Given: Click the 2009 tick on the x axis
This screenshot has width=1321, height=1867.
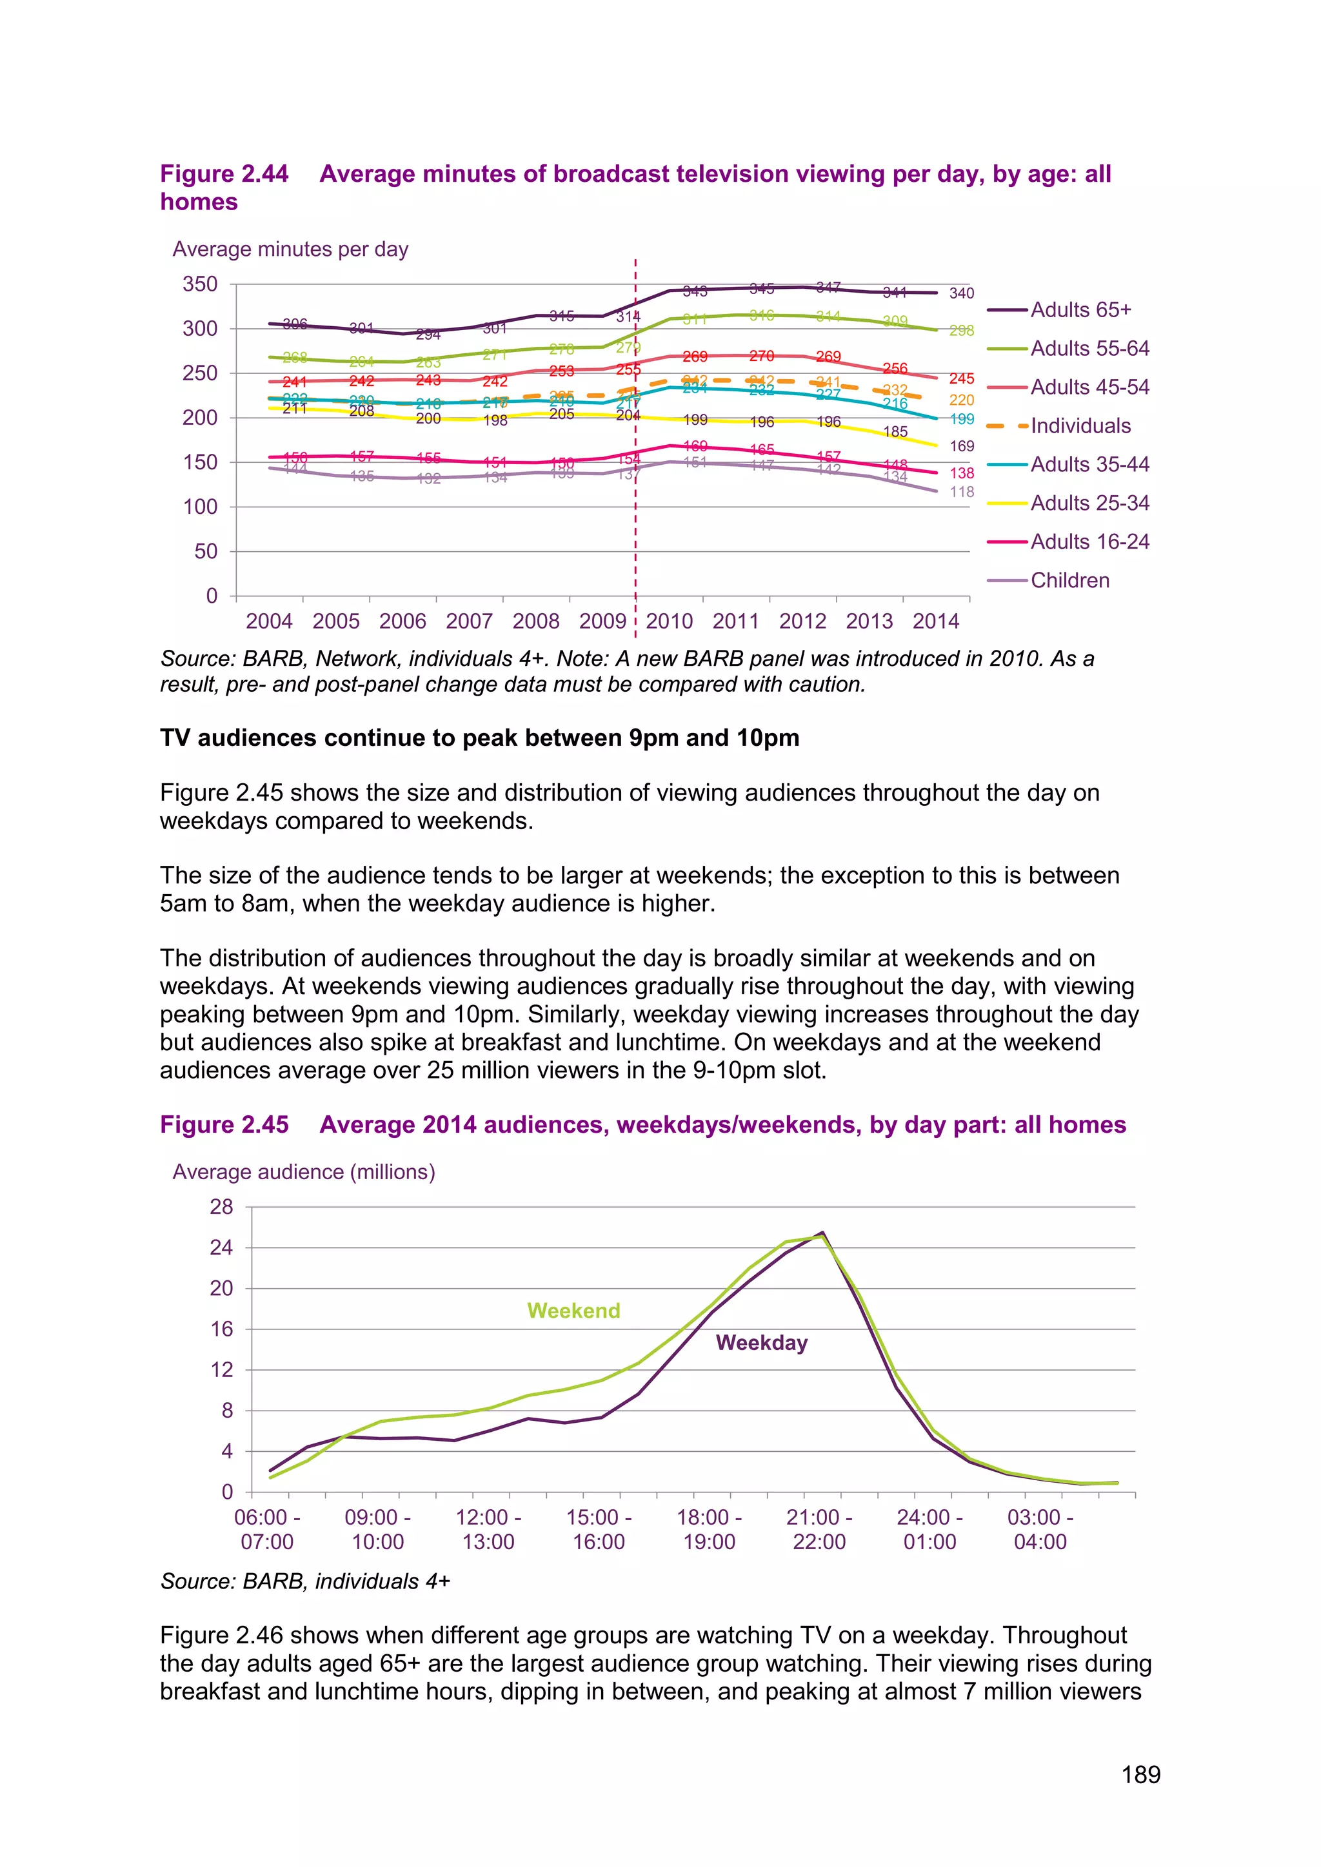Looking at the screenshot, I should point(602,621).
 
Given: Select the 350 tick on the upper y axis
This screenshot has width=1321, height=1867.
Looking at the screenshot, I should point(200,284).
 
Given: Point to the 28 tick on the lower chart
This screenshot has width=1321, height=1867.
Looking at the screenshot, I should point(221,1207).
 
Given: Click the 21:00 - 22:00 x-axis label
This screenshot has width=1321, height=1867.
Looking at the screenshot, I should point(819,1530).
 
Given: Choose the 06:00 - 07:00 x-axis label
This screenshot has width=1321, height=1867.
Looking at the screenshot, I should point(267,1530).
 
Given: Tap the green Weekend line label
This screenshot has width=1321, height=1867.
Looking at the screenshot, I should point(573,1311).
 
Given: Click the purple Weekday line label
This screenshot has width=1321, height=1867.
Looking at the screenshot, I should point(761,1342).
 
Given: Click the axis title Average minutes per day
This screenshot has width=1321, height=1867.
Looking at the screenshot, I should point(290,249).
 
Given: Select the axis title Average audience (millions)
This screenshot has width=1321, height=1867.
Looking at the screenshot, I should point(303,1172).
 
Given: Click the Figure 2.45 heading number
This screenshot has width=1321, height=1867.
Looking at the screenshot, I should point(224,1124).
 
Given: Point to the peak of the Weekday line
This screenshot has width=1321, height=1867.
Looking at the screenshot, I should point(822,1233).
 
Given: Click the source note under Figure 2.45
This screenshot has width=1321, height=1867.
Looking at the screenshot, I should point(305,1581).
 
